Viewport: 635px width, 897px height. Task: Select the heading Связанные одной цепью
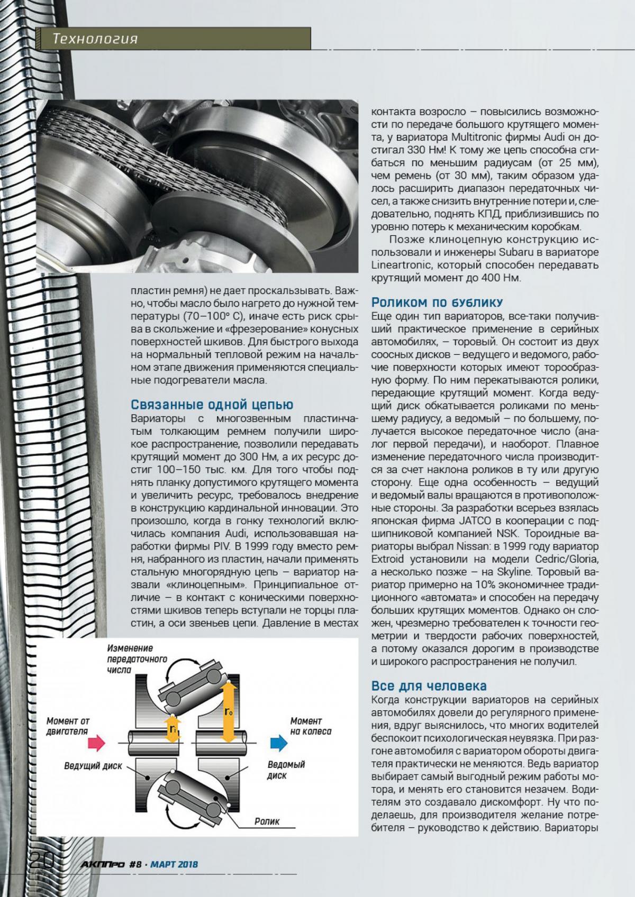click(x=212, y=405)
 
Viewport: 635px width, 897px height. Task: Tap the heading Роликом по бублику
click(x=437, y=303)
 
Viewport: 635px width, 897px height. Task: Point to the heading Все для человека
click(x=429, y=686)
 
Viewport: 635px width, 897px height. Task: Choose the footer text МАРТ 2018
click(x=174, y=864)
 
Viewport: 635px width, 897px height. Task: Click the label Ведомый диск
click(x=286, y=770)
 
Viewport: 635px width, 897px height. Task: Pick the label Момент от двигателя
click(x=67, y=726)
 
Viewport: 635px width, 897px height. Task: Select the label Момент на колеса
click(x=311, y=726)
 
